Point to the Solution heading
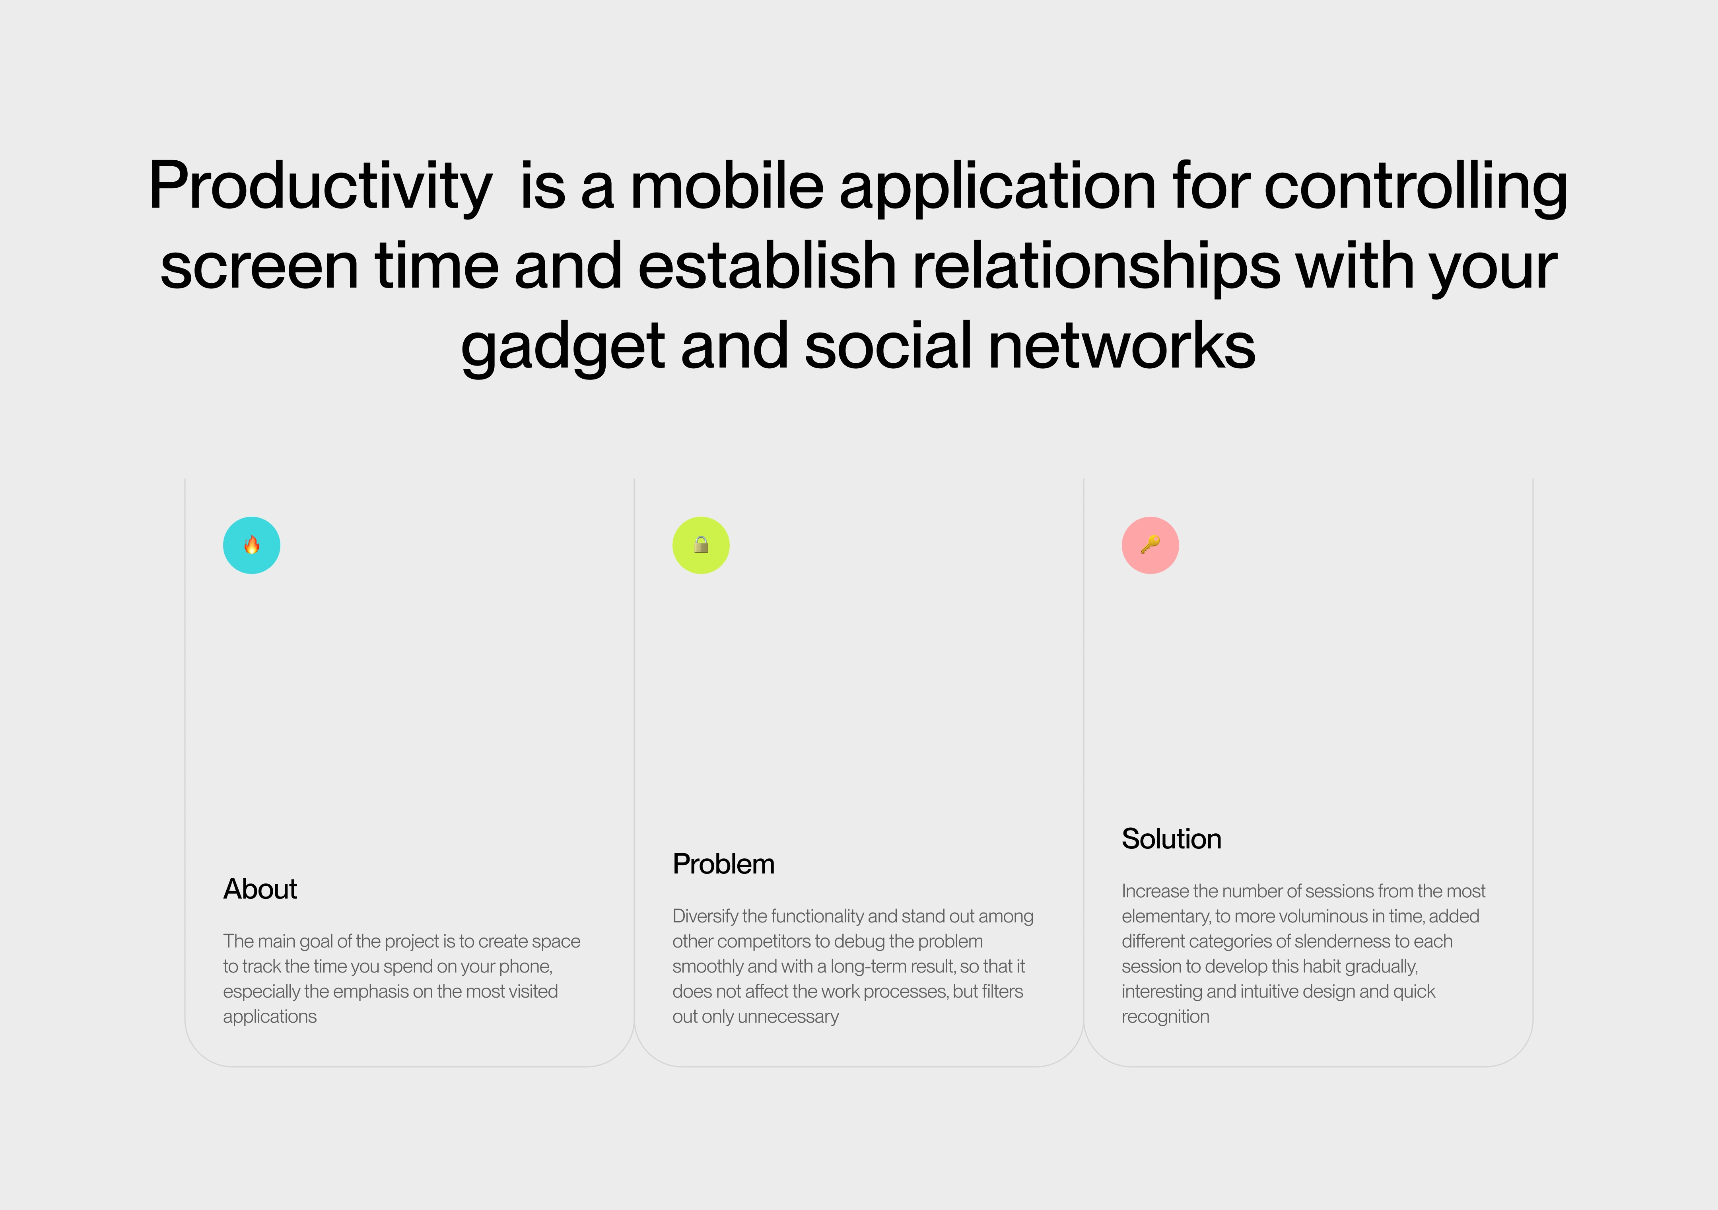(x=1172, y=839)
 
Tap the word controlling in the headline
(x=1416, y=187)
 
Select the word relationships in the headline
(x=1097, y=268)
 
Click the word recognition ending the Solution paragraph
(x=1165, y=1017)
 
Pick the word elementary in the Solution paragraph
(x=1166, y=917)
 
